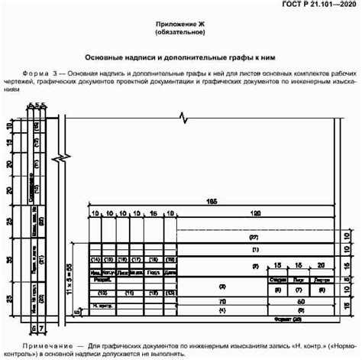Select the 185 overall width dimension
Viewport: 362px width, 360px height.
[212, 201]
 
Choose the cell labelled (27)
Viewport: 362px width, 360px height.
[255, 238]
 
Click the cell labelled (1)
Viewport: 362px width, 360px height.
[255, 249]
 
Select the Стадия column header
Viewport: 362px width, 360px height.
[278, 281]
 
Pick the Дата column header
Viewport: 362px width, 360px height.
[169, 271]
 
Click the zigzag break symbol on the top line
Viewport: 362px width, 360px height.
[181, 118]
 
